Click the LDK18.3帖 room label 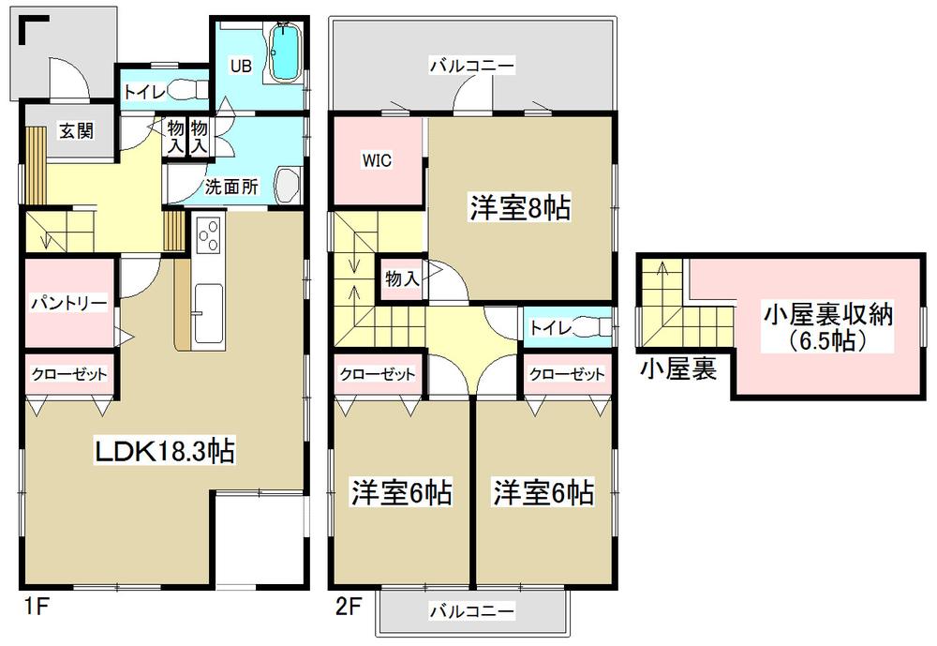164,452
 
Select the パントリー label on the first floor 65,304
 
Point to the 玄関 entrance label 77,131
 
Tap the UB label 242,67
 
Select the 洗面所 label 232,186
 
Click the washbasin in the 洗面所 287,184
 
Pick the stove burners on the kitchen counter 206,234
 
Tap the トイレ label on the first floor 144,92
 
